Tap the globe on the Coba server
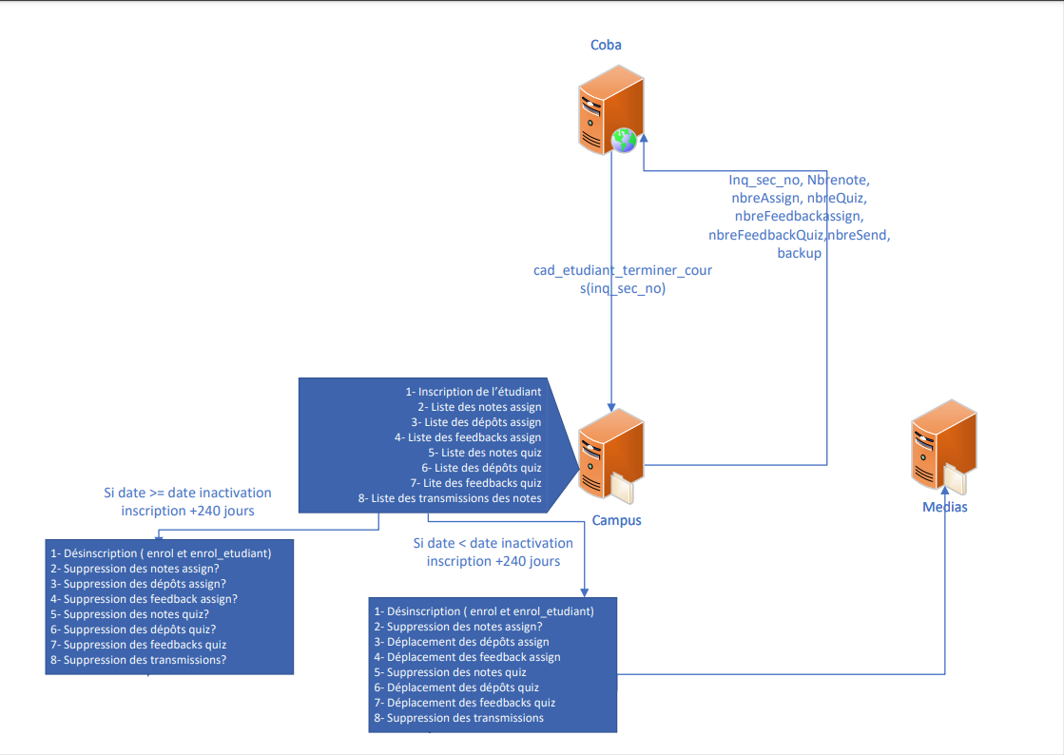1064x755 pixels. pos(624,140)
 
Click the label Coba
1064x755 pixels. pos(606,45)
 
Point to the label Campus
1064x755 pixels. pos(616,520)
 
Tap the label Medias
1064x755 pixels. pos(944,507)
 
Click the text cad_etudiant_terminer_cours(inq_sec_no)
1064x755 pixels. pos(623,280)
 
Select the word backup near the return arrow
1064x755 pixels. pos(799,253)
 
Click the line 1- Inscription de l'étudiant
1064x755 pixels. pos(474,392)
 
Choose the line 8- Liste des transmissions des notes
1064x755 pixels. pos(450,498)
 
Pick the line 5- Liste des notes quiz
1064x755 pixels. pos(485,453)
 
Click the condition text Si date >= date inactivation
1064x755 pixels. pos(187,493)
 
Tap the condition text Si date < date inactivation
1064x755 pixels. pos(493,543)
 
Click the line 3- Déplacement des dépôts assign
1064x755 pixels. pos(461,642)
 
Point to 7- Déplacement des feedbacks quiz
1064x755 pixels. pos(464,703)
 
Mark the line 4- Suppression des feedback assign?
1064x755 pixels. pos(144,599)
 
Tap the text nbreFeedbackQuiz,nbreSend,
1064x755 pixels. pos(799,234)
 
